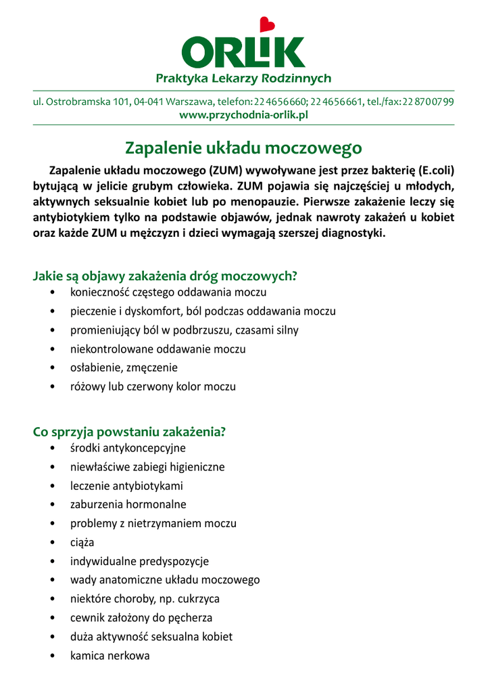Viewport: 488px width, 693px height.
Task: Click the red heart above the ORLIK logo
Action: point(268,24)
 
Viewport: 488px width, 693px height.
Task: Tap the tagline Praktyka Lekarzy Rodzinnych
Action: point(243,79)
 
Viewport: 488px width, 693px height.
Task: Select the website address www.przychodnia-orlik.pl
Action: point(243,115)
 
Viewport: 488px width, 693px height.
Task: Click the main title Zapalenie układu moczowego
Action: point(243,147)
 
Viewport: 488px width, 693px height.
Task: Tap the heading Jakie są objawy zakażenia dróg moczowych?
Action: point(166,276)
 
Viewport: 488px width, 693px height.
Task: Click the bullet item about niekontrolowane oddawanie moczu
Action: point(157,349)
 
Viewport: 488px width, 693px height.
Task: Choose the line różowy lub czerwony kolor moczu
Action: point(153,387)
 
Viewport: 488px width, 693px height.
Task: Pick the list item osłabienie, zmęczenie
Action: point(124,368)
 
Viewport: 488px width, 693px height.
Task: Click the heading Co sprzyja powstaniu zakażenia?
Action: point(129,431)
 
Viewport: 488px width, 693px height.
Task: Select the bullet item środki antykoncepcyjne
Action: point(128,448)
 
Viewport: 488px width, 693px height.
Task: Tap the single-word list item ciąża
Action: point(82,543)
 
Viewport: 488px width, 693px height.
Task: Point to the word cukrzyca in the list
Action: point(198,599)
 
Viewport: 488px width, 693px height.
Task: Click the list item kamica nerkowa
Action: point(109,656)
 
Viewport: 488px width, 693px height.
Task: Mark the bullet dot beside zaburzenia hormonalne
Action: point(53,505)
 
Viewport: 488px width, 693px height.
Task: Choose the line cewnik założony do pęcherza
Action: point(141,618)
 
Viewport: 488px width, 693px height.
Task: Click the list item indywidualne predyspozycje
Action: point(139,561)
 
